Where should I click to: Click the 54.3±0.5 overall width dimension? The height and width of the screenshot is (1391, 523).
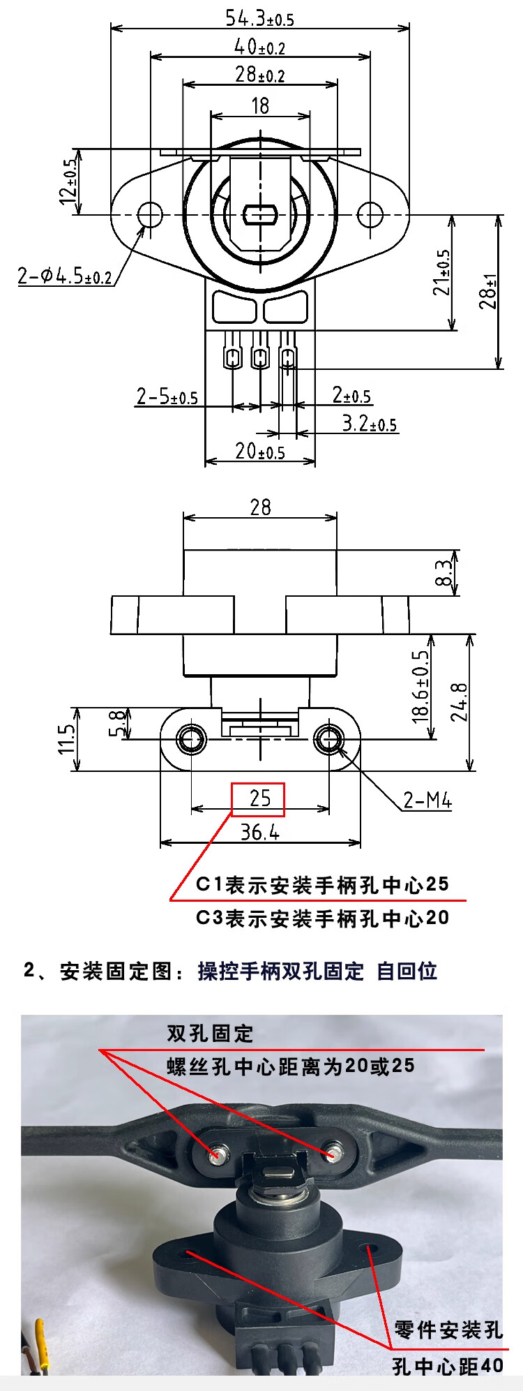[259, 17]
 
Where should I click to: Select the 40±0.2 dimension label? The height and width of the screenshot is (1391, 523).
[259, 47]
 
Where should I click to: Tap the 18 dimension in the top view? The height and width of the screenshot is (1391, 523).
[260, 105]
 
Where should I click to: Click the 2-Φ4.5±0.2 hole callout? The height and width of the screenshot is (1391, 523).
[65, 276]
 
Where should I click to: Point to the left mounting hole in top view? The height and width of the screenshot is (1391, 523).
[150, 214]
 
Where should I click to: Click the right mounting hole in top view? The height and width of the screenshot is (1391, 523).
[370, 214]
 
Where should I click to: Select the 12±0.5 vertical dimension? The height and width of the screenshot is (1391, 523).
[69, 181]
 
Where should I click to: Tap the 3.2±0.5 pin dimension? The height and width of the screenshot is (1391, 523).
[369, 424]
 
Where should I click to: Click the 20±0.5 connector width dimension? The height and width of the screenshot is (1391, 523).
[260, 452]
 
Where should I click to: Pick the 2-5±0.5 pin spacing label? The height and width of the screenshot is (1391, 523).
[167, 397]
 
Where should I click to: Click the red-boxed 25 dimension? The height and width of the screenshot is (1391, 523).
[259, 798]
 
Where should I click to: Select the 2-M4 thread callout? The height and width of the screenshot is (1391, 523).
[427, 800]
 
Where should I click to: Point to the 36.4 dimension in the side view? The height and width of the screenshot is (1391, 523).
[259, 832]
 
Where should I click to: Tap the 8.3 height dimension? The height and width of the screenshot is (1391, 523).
[444, 573]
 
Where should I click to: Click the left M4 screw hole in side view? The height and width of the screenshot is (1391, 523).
[191, 738]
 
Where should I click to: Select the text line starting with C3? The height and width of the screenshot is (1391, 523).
[322, 918]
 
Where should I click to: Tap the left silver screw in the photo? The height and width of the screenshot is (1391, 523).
[217, 1154]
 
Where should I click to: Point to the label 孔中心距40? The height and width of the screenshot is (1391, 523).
[447, 1366]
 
